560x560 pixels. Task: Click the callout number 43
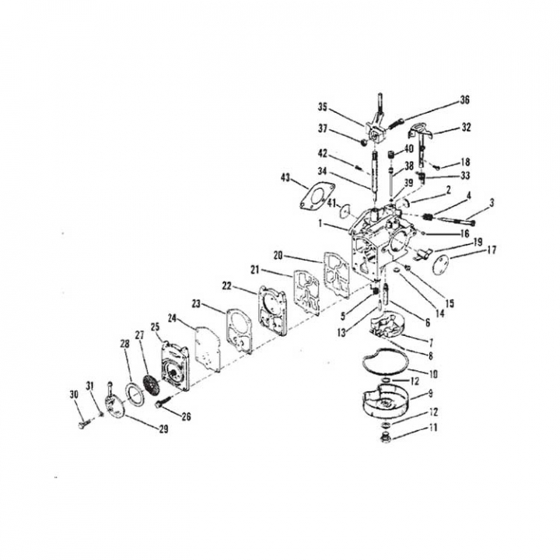[285, 177]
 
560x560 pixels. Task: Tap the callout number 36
[464, 100]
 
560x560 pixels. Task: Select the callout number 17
[492, 250]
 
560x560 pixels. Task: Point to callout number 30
[74, 394]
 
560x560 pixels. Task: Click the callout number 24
[173, 318]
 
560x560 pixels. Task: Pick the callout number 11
[433, 428]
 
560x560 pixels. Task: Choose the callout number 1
[320, 223]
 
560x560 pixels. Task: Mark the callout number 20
[278, 256]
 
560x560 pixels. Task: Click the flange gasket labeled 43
[317, 198]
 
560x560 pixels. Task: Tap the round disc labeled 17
[439, 264]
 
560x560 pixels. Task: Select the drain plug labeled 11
[386, 437]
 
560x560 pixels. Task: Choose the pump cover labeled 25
[175, 366]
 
